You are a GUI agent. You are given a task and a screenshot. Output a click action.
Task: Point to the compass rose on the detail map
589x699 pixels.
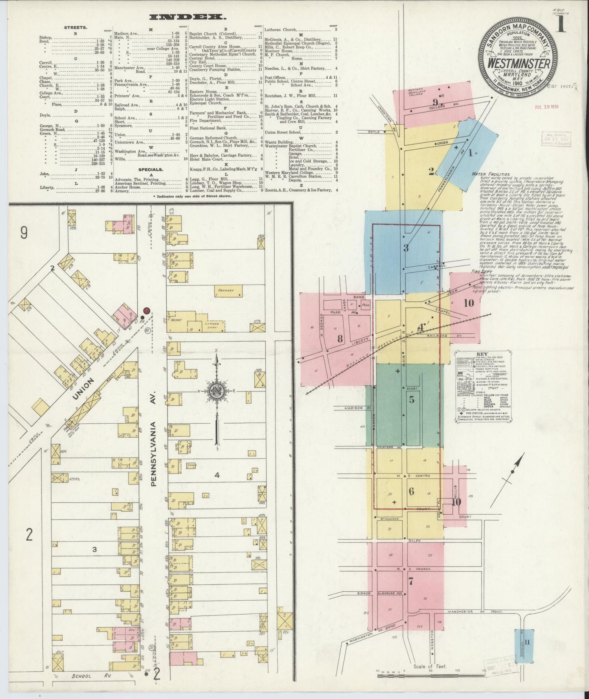216,392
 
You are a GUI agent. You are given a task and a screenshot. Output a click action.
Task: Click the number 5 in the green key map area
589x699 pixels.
412,399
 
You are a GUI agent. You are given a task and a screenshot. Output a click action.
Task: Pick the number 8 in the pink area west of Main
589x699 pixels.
339,338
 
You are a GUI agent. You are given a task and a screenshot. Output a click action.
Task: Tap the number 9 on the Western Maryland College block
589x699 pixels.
435,102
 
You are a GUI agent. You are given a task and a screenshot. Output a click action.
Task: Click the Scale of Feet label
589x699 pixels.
430,666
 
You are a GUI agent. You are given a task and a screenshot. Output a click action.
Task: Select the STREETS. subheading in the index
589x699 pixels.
75,27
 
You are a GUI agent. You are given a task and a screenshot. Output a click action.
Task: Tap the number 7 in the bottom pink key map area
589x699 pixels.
410,582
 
